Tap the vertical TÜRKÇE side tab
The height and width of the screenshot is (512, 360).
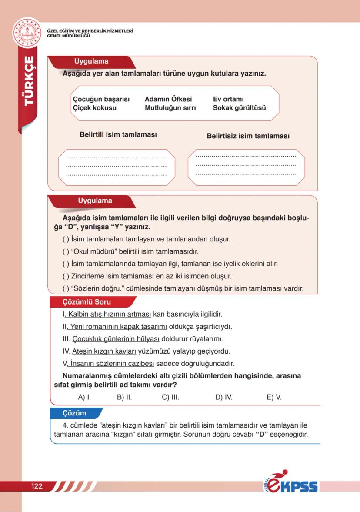[29, 80]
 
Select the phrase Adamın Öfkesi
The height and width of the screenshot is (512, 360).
[168, 99]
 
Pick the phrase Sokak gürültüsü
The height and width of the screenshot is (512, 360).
[239, 108]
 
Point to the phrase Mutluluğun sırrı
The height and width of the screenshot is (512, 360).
[170, 108]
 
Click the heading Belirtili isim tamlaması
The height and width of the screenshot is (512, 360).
[118, 135]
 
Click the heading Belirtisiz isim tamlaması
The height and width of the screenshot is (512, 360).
[248, 136]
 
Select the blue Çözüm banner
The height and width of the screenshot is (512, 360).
[74, 413]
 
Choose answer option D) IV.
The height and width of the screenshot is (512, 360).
[224, 397]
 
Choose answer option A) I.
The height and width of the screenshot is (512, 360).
[84, 397]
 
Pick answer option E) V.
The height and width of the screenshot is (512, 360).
[274, 397]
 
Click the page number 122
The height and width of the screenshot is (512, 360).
[37, 486]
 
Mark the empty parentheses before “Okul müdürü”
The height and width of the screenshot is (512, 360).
[66, 252]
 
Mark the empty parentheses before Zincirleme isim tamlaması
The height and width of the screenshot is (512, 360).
[66, 276]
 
